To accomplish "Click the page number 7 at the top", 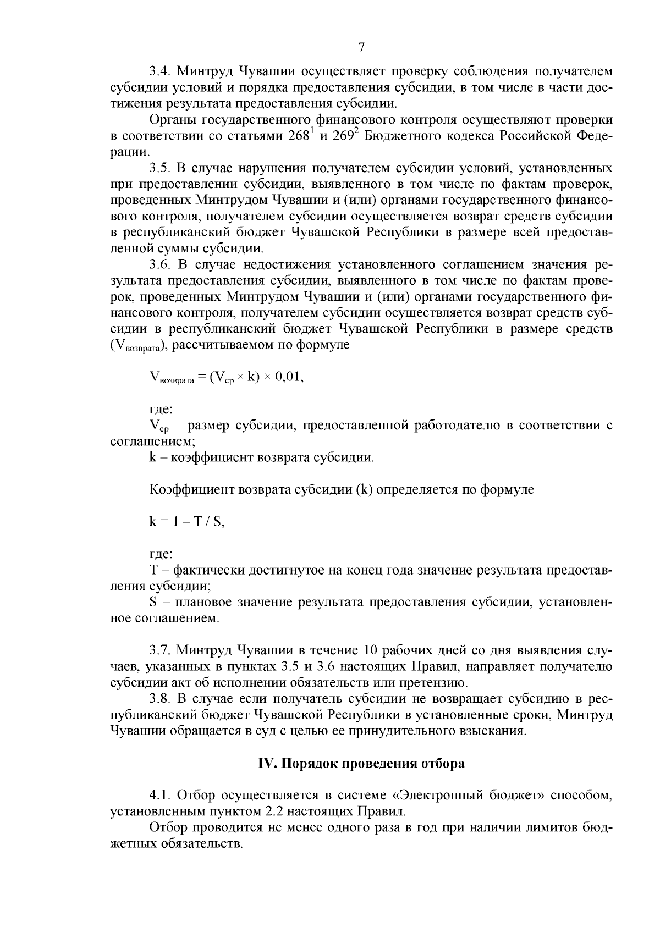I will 361,47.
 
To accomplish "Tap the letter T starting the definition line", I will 153,570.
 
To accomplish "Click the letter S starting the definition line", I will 153,602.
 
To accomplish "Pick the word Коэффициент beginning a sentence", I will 189,489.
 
